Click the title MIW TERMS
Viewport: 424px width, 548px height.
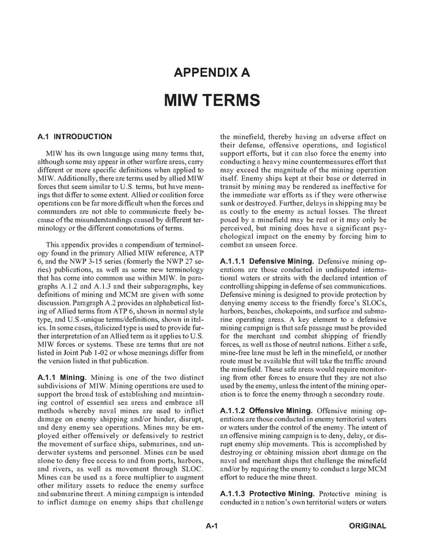click(212, 99)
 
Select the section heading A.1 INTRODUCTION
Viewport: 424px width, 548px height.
click(74, 137)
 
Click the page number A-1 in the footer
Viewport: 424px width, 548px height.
click(212, 525)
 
